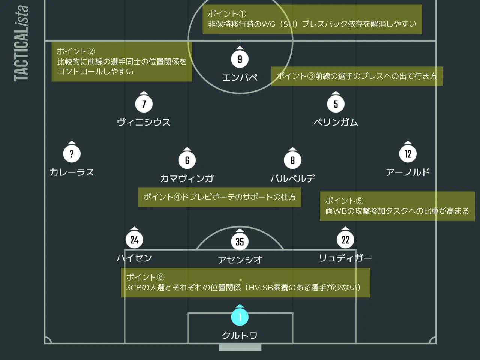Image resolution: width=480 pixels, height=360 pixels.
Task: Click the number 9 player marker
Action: click(240, 59)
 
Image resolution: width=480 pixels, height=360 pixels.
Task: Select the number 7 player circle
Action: click(144, 104)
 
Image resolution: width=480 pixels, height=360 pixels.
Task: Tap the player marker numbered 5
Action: click(336, 104)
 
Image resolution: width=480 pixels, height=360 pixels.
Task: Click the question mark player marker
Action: click(72, 154)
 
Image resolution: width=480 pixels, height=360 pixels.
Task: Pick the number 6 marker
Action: click(187, 160)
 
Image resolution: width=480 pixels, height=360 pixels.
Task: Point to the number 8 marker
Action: click(292, 160)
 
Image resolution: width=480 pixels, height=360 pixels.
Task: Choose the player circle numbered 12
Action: click(408, 154)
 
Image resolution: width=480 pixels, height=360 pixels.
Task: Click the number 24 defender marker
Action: click(134, 240)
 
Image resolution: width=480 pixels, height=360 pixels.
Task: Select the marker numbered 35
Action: click(240, 241)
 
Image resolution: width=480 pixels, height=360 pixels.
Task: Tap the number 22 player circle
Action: click(345, 240)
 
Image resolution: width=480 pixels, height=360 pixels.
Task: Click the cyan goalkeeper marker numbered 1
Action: click(240, 317)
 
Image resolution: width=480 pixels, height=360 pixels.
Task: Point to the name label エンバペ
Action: click(240, 77)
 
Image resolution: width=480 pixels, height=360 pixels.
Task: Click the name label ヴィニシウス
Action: click(144, 122)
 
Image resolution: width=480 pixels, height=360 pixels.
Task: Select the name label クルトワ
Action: click(240, 335)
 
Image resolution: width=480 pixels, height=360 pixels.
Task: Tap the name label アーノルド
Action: click(408, 172)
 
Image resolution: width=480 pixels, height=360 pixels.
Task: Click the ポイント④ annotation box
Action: click(219, 197)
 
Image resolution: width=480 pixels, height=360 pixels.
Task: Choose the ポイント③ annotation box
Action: click(357, 76)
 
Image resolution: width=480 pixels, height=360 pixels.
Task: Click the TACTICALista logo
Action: click(21, 43)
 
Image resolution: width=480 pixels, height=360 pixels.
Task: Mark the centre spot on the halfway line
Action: click(240, 41)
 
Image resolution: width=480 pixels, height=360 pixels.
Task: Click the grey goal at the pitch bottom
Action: click(240, 347)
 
